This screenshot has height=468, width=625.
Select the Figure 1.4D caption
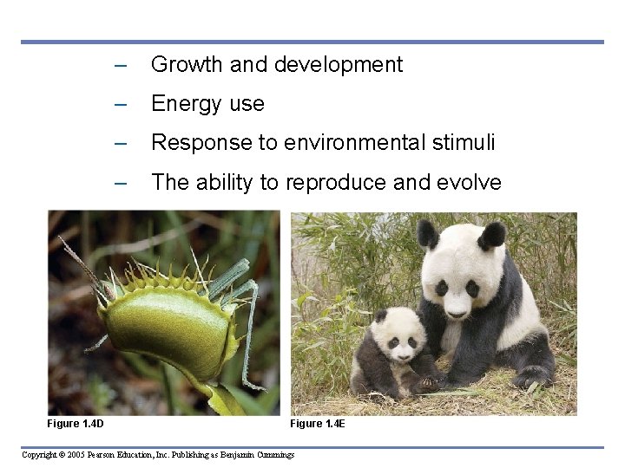[x=76, y=423]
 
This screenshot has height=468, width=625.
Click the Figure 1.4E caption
[x=318, y=423]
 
